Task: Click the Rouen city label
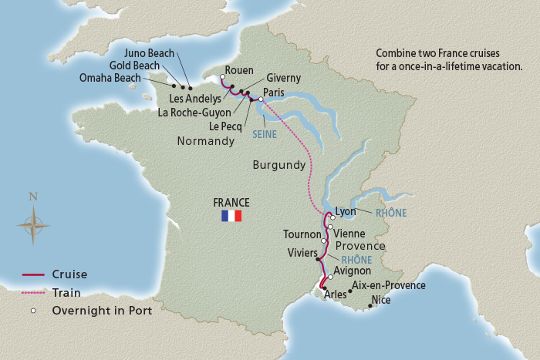(238, 69)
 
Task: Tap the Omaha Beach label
(110, 78)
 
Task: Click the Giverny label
(283, 79)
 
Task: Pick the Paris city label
(274, 92)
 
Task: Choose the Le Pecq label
(226, 126)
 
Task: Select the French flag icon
(231, 216)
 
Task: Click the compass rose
(33, 226)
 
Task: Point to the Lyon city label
(347, 210)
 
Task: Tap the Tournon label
(302, 234)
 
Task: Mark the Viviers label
(301, 252)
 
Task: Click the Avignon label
(352, 271)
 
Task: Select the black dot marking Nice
(371, 306)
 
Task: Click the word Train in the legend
(66, 293)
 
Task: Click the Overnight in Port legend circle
(34, 311)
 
